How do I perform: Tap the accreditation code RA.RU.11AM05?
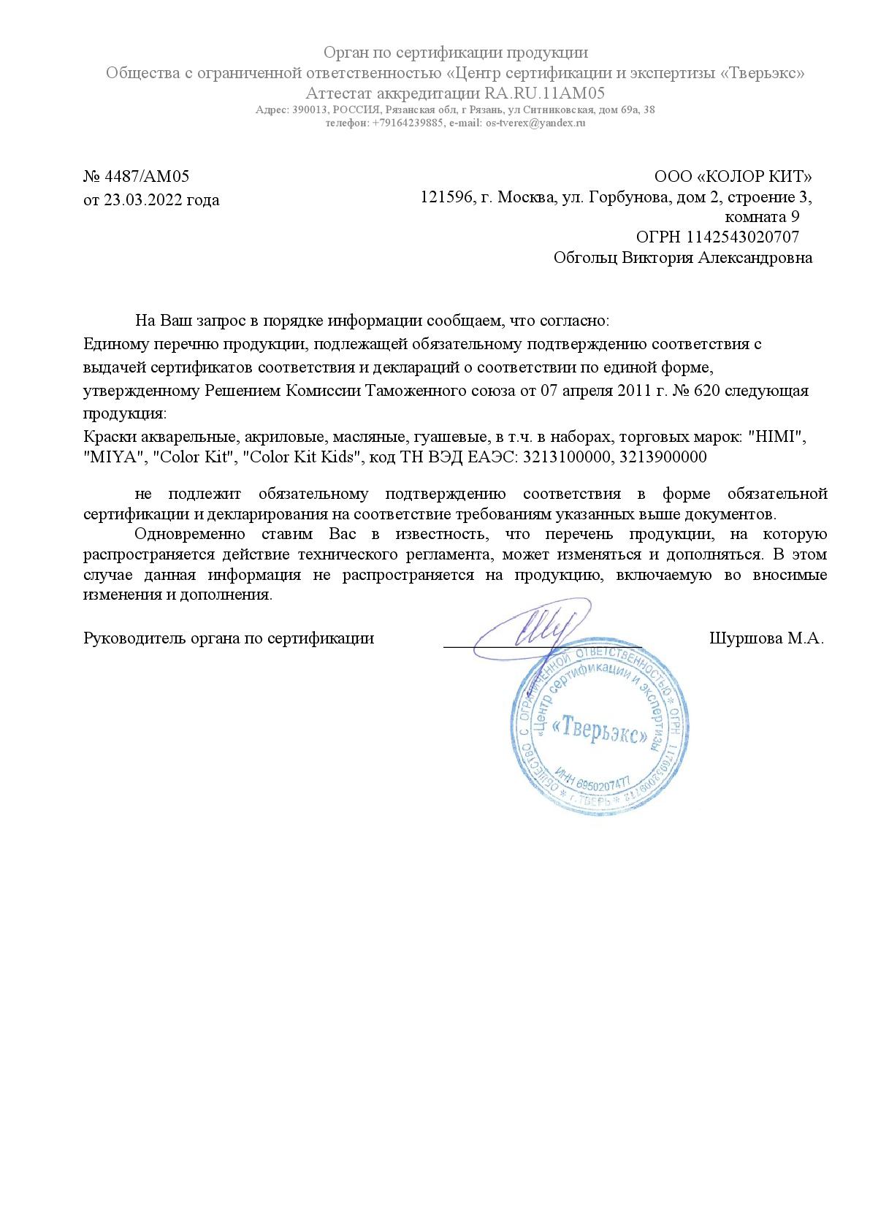point(544,93)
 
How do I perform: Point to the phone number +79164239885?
point(408,123)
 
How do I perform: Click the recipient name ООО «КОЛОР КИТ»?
point(733,177)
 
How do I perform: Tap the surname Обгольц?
point(585,258)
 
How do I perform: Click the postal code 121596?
point(445,197)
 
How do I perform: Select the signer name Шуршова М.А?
point(766,638)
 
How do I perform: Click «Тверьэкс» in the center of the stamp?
point(600,731)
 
